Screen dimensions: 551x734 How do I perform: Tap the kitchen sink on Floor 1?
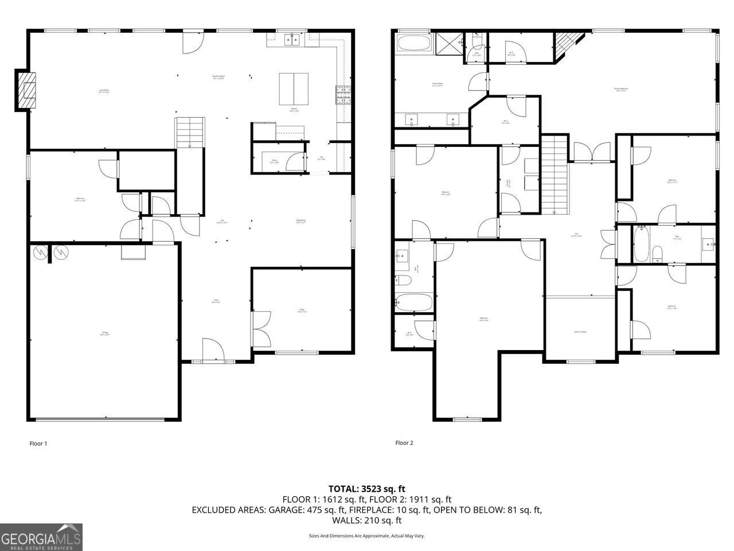pyautogui.click(x=293, y=39)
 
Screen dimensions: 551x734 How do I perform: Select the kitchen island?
pyautogui.click(x=294, y=86)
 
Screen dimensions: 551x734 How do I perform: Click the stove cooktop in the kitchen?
pyautogui.click(x=343, y=94)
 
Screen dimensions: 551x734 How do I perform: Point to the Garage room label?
pyautogui.click(x=105, y=333)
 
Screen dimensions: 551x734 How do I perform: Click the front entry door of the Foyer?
pyautogui.click(x=212, y=350)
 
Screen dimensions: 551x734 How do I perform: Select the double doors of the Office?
pyautogui.click(x=261, y=329)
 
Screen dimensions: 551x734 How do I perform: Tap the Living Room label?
pyautogui.click(x=104, y=90)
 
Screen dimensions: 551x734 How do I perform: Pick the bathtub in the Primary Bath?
pyautogui.click(x=414, y=44)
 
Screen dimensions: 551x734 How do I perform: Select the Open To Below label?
pyautogui.click(x=580, y=332)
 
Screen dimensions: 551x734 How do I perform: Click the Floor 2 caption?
pyautogui.click(x=404, y=443)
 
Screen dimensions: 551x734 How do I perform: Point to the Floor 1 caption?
pyautogui.click(x=38, y=443)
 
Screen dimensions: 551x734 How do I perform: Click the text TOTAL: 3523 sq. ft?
pyautogui.click(x=367, y=489)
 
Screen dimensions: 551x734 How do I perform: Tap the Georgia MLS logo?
pyautogui.click(x=41, y=537)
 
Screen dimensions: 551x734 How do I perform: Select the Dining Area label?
pyautogui.click(x=300, y=222)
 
